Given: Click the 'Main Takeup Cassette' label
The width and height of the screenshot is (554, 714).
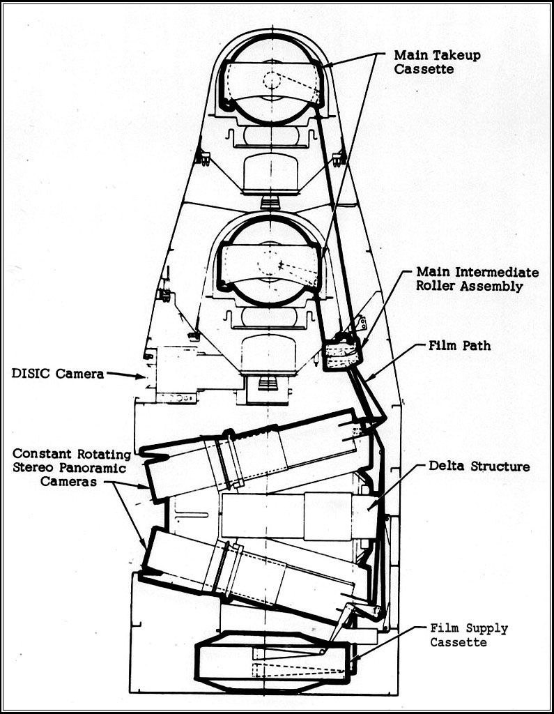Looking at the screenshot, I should click(436, 61).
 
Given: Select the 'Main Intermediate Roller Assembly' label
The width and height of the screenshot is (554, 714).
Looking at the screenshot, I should click(477, 279).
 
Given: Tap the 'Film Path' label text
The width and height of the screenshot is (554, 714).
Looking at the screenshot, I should click(461, 345).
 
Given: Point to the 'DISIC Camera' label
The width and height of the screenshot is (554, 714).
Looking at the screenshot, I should click(57, 374).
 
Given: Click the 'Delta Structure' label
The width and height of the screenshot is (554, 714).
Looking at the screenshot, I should click(471, 466).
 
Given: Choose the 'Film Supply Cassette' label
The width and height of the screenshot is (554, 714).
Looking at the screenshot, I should click(468, 635).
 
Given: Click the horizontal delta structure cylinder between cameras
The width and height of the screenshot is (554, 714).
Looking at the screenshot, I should click(300, 516).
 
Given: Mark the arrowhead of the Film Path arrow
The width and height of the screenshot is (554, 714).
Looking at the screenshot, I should click(367, 379).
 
